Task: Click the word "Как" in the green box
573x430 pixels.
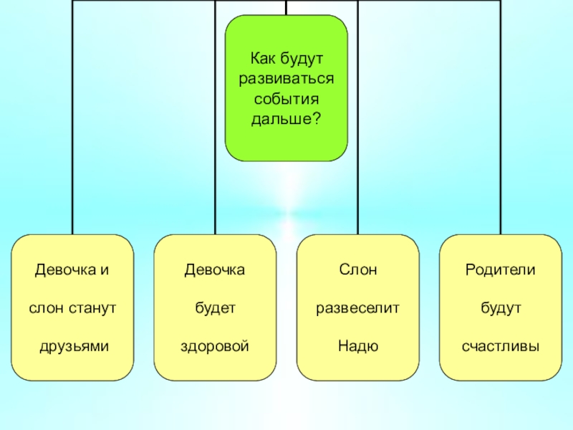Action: pos(261,56)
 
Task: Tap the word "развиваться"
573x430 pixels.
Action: pos(286,77)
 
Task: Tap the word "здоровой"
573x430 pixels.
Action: pos(215,346)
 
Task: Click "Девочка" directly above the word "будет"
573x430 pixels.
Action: pos(215,271)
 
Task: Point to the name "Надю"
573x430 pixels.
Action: pos(358,346)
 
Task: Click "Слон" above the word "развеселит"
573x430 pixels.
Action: pos(358,271)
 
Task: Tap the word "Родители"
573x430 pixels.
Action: pos(501,271)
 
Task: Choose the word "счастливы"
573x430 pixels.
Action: pos(501,346)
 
